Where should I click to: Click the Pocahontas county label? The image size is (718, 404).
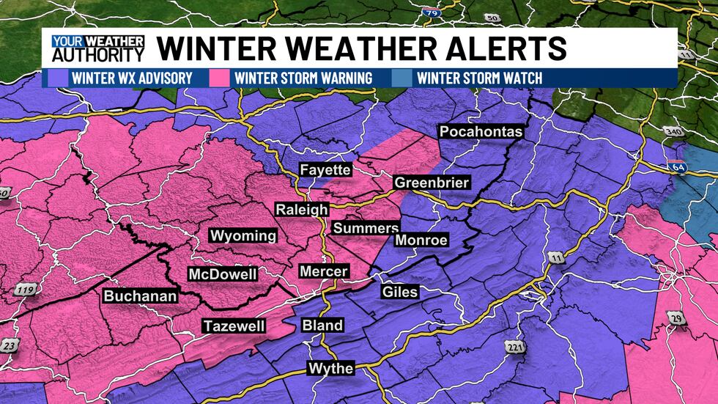(481, 132)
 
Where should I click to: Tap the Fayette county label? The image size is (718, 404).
(326, 170)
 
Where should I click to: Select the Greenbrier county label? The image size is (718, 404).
(432, 183)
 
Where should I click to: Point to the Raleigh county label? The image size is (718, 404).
(302, 210)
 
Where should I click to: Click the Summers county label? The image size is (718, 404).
(366, 228)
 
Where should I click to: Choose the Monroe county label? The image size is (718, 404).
(421, 240)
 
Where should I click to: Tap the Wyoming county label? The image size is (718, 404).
(243, 235)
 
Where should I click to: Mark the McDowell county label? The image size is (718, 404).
(223, 274)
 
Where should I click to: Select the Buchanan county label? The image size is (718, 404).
(140, 296)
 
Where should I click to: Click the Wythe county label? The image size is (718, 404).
(330, 368)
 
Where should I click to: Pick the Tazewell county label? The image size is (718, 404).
(234, 326)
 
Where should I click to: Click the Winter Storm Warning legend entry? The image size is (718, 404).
(302, 78)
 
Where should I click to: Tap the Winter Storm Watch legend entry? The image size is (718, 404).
(479, 78)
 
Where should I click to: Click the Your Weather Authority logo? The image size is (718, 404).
(97, 48)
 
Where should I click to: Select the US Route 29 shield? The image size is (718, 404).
(674, 317)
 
